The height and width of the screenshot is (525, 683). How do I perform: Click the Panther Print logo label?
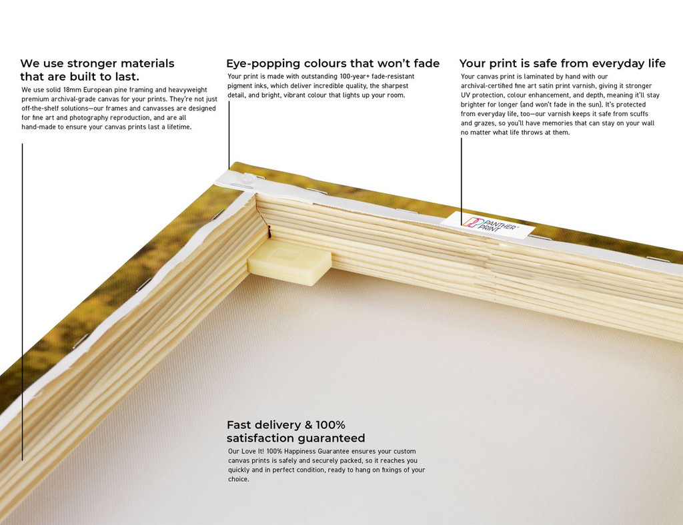tap(488, 225)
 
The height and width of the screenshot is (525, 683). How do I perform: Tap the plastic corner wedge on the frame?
tap(289, 262)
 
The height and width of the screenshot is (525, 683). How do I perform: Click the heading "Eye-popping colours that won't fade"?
tap(333, 63)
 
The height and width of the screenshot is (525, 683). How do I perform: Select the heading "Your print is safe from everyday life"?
tap(562, 63)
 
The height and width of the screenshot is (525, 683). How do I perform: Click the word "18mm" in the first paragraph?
tap(72, 90)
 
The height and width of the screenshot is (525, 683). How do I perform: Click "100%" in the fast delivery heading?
tap(331, 425)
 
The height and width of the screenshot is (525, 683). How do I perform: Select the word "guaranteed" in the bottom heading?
tap(334, 438)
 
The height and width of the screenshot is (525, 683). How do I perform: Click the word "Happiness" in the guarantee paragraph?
tap(300, 452)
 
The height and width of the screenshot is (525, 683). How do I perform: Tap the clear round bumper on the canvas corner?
tap(249, 178)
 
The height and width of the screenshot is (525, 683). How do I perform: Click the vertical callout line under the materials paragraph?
tap(22, 302)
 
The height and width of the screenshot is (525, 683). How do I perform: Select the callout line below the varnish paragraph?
tap(462, 182)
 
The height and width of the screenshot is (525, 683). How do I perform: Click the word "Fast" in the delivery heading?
tap(239, 425)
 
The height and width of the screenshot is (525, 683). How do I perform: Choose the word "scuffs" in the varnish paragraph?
tap(638, 114)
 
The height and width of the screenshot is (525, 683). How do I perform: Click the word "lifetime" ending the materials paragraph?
tap(179, 127)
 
